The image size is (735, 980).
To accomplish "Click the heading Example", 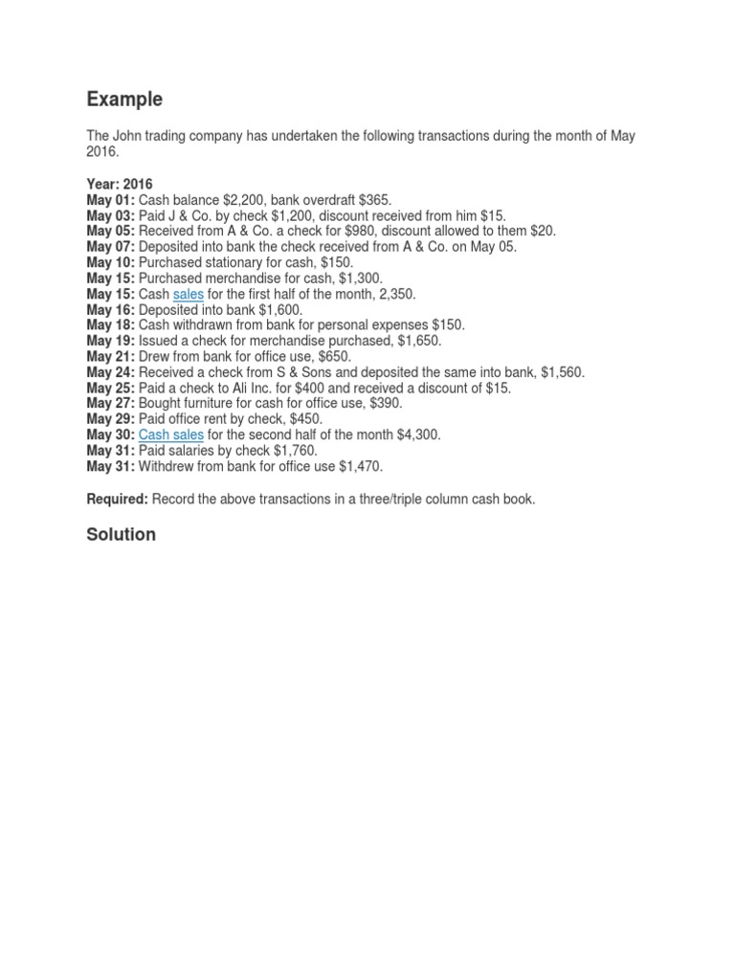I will coord(124,100).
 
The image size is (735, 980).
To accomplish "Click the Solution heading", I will coord(121,535).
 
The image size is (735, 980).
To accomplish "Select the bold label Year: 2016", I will coord(120,184).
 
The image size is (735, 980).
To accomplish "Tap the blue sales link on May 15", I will coord(189,294).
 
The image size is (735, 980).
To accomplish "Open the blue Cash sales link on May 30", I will coord(171,434).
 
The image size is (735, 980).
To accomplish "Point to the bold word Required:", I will coord(117,500).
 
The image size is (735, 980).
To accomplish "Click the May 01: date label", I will coord(110,200).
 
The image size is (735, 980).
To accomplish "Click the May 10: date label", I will coord(110,262).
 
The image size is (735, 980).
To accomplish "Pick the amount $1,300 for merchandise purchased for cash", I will coord(360,278).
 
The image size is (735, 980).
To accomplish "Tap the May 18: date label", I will coord(110,325).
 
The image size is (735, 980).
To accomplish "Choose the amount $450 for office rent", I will coord(303,419).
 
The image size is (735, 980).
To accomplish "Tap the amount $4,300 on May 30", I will coord(418,434).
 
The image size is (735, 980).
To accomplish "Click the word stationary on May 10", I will coord(234,262).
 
